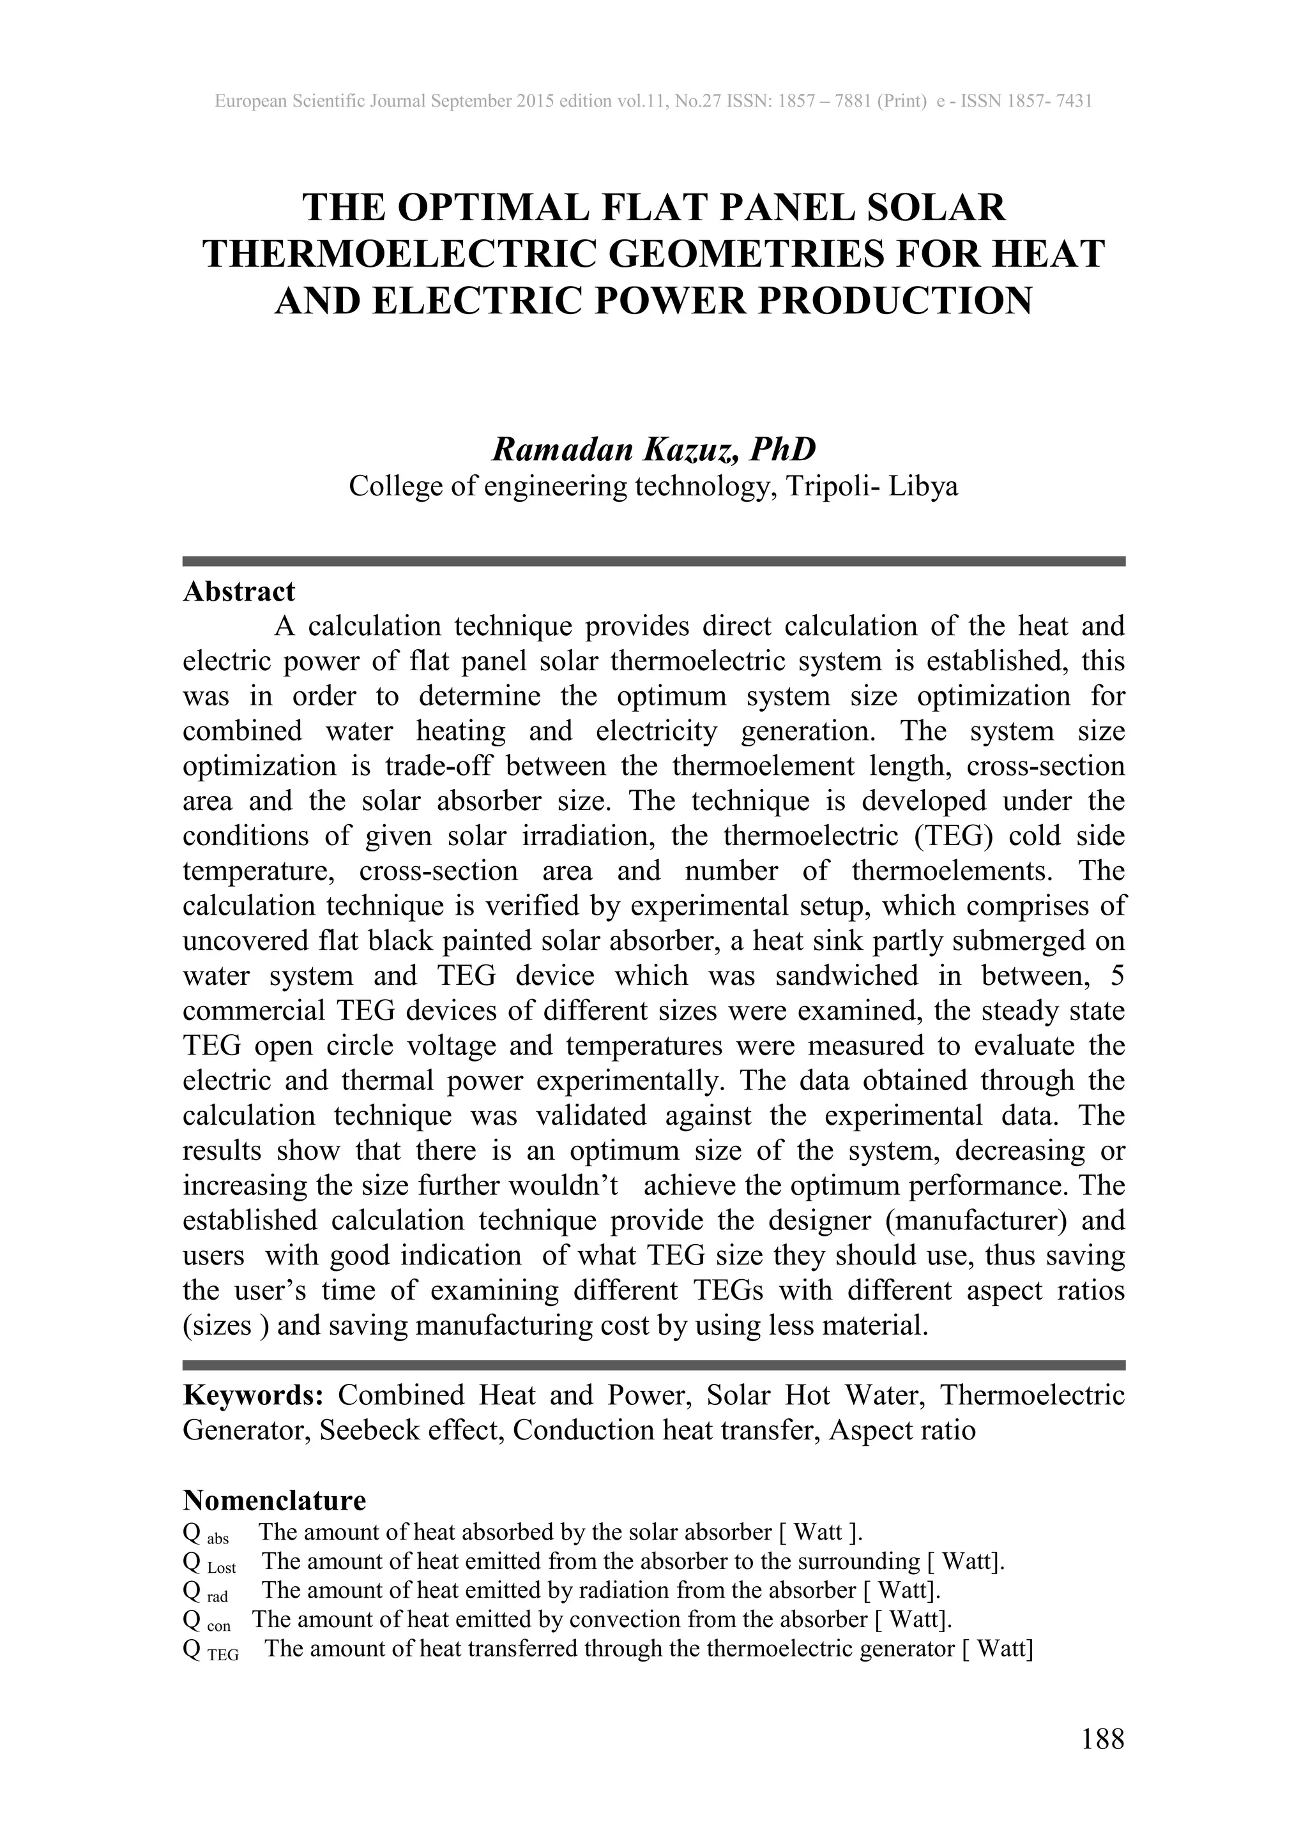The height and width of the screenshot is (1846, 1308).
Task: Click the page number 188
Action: pyautogui.click(x=1102, y=1739)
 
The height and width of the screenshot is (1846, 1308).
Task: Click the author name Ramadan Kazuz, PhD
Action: pyautogui.click(x=653, y=449)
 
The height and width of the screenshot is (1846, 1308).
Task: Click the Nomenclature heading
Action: pyautogui.click(x=274, y=1501)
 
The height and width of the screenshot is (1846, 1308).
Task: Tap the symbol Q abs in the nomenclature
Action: pyautogui.click(x=206, y=1533)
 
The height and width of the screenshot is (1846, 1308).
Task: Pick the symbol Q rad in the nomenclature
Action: pyautogui.click(x=206, y=1591)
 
